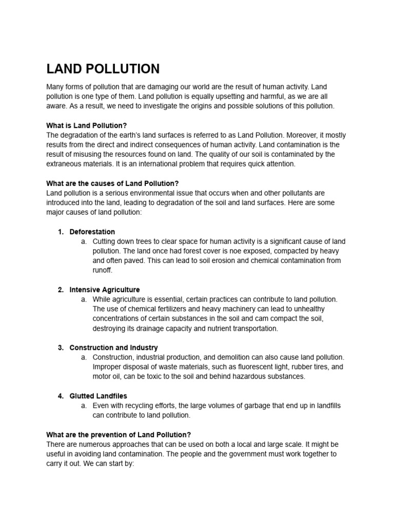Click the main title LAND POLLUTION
[x=103, y=69]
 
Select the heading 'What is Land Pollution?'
[x=86, y=125]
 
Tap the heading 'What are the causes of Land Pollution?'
[x=112, y=183]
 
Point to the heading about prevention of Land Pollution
[x=119, y=435]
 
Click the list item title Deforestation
[x=92, y=232]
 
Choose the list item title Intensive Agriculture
[x=105, y=290]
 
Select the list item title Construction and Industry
[x=113, y=348]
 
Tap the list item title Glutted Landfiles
[x=98, y=396]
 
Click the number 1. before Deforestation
[x=61, y=232]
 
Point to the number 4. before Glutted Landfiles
[x=61, y=396]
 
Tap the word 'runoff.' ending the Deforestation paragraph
[x=102, y=270]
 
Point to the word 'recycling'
[x=143, y=406]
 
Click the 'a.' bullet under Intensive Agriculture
[x=84, y=299]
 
